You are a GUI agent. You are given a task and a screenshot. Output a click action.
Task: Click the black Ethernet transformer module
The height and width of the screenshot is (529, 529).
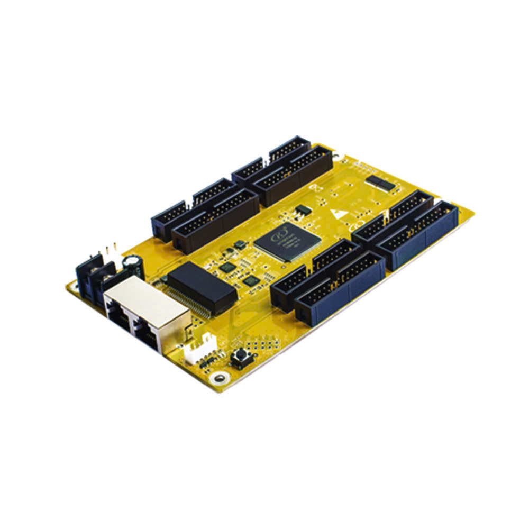202,286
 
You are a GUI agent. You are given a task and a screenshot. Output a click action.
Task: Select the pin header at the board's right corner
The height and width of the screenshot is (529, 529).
418,235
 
